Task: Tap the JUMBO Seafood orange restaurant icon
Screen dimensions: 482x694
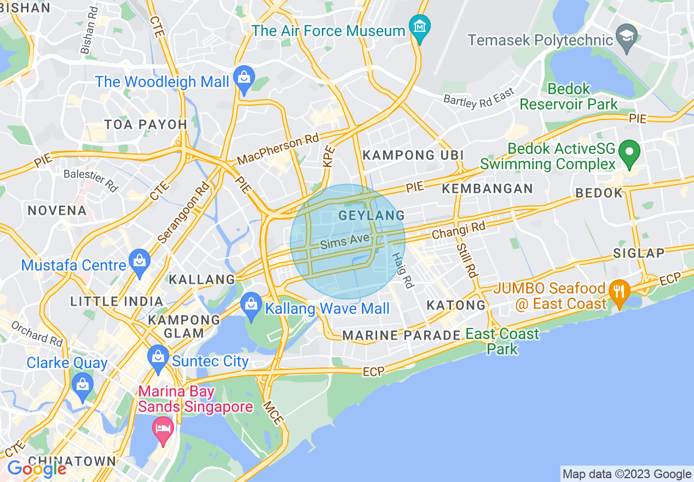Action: click(619, 291)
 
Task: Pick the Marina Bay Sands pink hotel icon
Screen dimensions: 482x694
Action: click(163, 427)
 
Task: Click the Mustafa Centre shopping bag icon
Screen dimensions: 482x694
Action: click(140, 262)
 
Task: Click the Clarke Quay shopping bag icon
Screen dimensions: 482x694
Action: click(83, 385)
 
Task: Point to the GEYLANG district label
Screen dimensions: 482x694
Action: click(372, 215)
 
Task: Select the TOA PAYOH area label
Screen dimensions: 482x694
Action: click(146, 124)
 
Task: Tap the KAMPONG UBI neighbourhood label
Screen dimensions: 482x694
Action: click(413, 155)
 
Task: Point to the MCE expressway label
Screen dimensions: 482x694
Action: click(273, 414)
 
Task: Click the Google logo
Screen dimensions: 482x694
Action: click(36, 469)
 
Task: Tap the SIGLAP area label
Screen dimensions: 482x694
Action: click(639, 253)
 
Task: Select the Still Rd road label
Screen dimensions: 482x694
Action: click(467, 257)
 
